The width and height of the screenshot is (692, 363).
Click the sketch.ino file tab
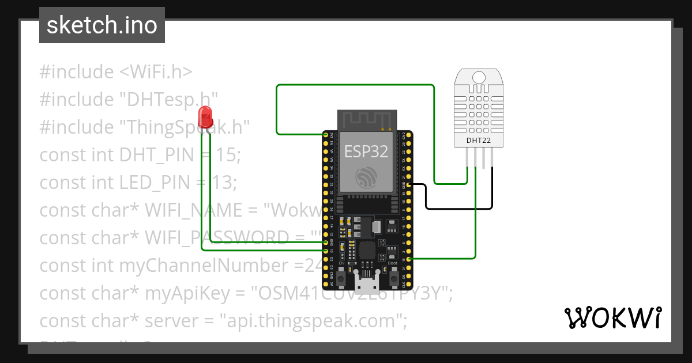102,25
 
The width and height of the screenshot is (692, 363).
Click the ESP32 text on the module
366,151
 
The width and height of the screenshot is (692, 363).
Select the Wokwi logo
612,317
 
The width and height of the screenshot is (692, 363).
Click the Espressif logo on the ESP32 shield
366,177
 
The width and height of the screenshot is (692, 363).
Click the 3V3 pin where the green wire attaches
326,135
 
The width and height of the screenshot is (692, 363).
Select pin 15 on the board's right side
408,259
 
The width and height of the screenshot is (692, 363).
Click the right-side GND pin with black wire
408,184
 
